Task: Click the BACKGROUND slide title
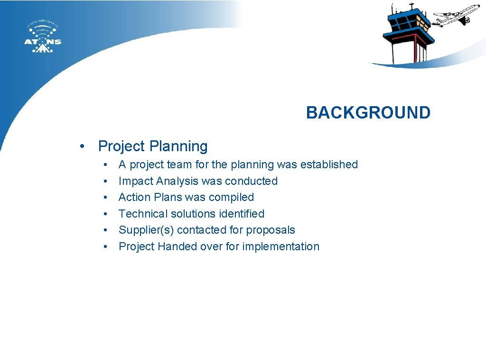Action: (368, 113)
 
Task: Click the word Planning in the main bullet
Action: (178, 146)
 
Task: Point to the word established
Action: (329, 164)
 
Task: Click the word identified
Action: (241, 214)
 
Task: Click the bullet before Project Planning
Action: (83, 146)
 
